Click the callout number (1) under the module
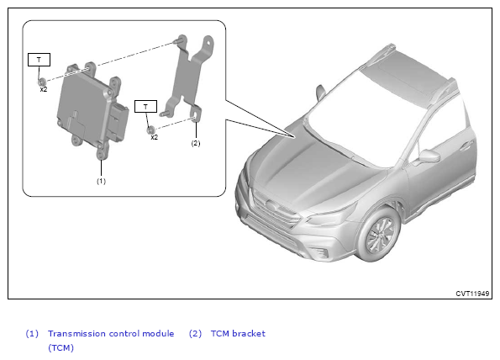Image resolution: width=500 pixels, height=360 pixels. [101, 182]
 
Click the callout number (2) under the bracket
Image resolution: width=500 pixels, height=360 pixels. [196, 143]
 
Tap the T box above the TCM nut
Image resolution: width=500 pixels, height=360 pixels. [39, 60]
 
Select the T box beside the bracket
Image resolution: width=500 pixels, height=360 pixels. [145, 107]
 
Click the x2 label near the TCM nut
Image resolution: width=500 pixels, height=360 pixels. [44, 90]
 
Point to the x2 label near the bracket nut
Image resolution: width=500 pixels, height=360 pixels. [155, 137]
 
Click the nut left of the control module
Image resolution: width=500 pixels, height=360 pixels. [42, 82]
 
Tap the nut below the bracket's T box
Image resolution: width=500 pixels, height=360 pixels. [150, 130]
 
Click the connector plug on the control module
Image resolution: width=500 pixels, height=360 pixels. [118, 121]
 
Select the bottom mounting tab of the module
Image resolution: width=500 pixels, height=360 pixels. [102, 152]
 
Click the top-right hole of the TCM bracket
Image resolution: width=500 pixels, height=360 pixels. [208, 42]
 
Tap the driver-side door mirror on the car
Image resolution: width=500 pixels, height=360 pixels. [428, 156]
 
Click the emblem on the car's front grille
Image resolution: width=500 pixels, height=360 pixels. [271, 204]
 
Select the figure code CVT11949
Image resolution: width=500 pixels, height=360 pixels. [472, 294]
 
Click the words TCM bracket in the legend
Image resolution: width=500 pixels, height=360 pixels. [238, 334]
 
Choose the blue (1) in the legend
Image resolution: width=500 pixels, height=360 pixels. [32, 334]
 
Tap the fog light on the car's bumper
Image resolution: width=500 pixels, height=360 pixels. [320, 252]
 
